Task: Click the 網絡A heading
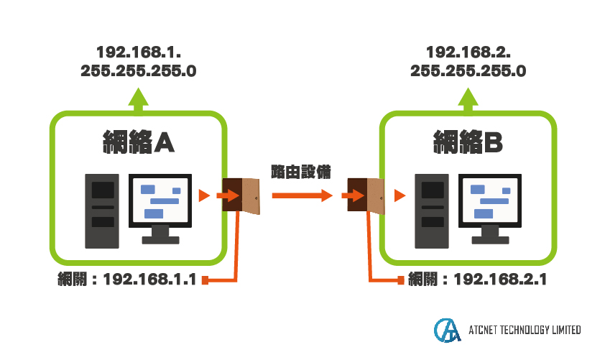pos(139,142)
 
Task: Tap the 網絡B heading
pos(468,142)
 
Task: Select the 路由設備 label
pos(301,172)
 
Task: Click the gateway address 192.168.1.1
pos(149,279)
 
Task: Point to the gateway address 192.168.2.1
pos(500,279)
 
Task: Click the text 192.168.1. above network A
pos(139,52)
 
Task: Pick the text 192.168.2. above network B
pos(468,52)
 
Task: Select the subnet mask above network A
pos(139,71)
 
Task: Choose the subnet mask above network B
pos(468,71)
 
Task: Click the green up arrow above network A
pos(138,101)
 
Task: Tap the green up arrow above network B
pos(468,101)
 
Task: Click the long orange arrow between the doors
pos(302,195)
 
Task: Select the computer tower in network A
pos(102,211)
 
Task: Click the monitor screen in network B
pos(490,200)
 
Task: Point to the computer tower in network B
pos(432,211)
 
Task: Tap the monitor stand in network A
pos(160,235)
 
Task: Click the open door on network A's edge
pos(241,195)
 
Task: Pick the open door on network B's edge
pos(366,195)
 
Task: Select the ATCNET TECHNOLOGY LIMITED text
pos(525,330)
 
